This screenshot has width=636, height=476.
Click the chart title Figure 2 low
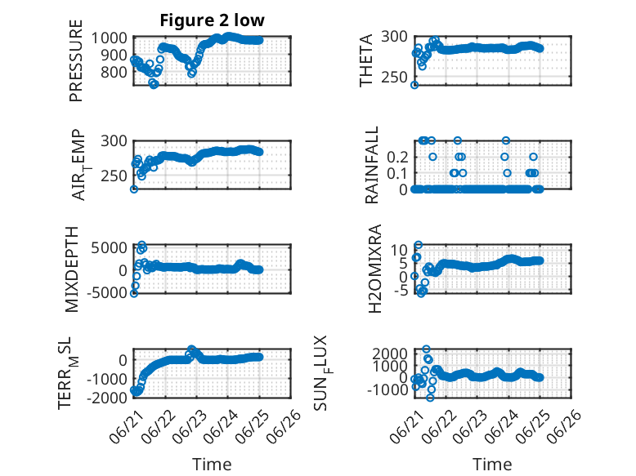[x=212, y=20]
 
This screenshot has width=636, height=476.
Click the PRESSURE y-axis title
[x=76, y=60]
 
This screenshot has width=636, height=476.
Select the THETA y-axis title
[x=366, y=60]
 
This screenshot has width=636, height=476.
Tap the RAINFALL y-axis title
[x=371, y=165]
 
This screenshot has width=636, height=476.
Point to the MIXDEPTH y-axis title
[x=72, y=269]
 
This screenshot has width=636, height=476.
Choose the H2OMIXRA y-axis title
[x=374, y=269]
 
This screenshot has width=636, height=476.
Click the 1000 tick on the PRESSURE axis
[x=109, y=38]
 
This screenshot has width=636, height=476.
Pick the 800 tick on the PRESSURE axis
[x=114, y=72]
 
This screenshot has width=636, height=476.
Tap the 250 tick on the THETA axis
[x=394, y=77]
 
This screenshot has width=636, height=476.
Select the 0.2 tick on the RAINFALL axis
[x=397, y=157]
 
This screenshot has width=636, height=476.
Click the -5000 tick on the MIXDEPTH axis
[x=107, y=292]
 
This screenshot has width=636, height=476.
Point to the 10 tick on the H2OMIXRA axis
[x=399, y=250]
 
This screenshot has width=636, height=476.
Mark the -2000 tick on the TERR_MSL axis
[x=107, y=398]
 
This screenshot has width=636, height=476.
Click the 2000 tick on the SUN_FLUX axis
[x=390, y=354]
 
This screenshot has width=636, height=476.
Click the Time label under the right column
[x=492, y=464]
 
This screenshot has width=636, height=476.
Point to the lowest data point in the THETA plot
[x=414, y=85]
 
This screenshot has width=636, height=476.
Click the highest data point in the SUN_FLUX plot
[x=426, y=349]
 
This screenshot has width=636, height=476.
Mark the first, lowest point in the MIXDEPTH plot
[x=134, y=293]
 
